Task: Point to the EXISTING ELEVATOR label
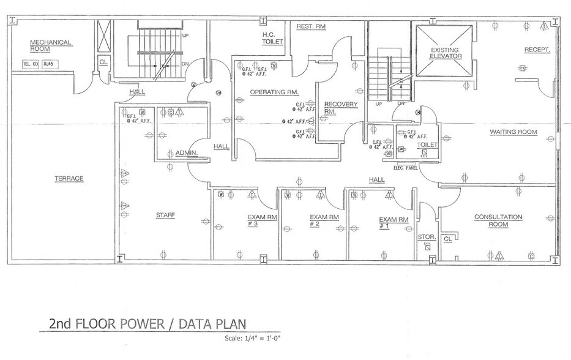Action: [x=445, y=53]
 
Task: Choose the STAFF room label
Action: [x=165, y=215]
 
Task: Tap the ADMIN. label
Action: [x=186, y=152]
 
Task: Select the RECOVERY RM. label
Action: [x=340, y=108]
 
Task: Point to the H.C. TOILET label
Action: [x=271, y=39]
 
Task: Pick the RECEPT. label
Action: [x=537, y=49]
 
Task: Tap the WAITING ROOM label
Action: [x=513, y=132]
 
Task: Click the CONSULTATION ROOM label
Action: [x=498, y=220]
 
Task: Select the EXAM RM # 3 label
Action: [x=261, y=220]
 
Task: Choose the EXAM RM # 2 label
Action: [x=324, y=220]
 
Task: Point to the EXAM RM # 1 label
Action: [x=394, y=222]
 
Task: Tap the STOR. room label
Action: [x=426, y=237]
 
